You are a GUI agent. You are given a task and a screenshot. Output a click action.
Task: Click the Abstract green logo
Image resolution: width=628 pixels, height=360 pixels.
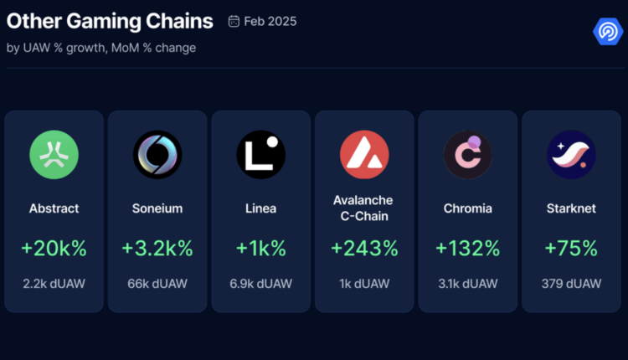(x=54, y=155)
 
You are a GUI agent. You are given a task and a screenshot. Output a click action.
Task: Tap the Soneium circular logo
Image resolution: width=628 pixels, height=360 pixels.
(x=157, y=155)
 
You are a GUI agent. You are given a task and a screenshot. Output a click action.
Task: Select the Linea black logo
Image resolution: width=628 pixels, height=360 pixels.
(x=260, y=155)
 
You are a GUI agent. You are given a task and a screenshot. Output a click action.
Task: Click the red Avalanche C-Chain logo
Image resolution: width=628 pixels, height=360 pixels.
(x=364, y=155)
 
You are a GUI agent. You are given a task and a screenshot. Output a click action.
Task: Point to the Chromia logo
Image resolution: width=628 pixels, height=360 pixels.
(x=467, y=155)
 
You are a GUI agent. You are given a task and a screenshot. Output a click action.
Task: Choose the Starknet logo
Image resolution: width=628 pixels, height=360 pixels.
(x=571, y=155)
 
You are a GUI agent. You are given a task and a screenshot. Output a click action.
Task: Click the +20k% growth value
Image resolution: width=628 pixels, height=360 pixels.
(x=54, y=249)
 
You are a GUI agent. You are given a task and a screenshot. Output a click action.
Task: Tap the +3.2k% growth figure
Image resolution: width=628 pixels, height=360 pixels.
(x=157, y=249)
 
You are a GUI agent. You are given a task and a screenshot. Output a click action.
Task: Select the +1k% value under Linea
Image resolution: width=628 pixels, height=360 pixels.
(x=260, y=249)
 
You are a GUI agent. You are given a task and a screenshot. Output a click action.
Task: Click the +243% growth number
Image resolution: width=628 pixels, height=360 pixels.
(x=364, y=249)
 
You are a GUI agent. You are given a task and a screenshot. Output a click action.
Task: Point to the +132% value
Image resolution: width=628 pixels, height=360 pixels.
(x=467, y=249)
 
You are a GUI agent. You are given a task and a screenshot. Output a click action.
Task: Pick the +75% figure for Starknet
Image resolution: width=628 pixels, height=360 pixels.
(x=571, y=249)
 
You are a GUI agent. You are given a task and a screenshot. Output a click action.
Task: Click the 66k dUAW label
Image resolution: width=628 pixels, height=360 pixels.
(x=157, y=284)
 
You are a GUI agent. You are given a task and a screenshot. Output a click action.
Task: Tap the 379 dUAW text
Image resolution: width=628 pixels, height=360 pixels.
(x=571, y=284)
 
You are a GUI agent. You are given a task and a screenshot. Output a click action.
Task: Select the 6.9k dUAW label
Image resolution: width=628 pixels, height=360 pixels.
(x=260, y=284)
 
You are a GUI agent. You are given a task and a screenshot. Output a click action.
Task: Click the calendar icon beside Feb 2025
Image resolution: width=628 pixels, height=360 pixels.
(x=234, y=21)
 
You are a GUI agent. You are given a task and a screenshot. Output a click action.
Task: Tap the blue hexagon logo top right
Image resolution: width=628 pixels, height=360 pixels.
(x=605, y=32)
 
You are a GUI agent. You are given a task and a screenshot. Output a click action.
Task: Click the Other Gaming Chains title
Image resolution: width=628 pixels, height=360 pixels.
(x=110, y=21)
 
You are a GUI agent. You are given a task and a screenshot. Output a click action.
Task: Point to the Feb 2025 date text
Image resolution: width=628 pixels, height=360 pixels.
(x=270, y=21)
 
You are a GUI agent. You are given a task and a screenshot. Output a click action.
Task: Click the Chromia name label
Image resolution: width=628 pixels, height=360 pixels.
(x=467, y=208)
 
